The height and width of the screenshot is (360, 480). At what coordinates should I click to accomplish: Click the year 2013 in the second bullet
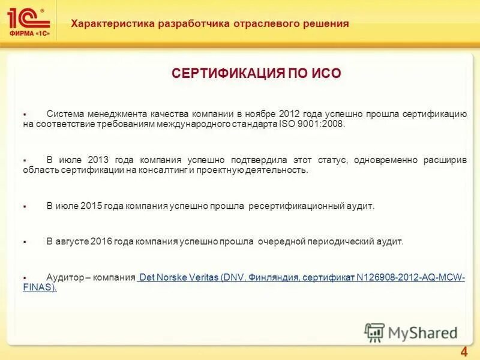click(x=98, y=160)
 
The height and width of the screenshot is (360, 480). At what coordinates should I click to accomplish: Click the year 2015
click(x=91, y=206)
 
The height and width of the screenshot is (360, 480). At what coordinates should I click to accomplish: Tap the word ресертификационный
click(x=296, y=206)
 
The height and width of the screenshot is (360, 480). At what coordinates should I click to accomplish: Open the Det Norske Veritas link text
click(x=178, y=278)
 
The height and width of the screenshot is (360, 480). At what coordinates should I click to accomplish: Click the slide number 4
click(x=463, y=351)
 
